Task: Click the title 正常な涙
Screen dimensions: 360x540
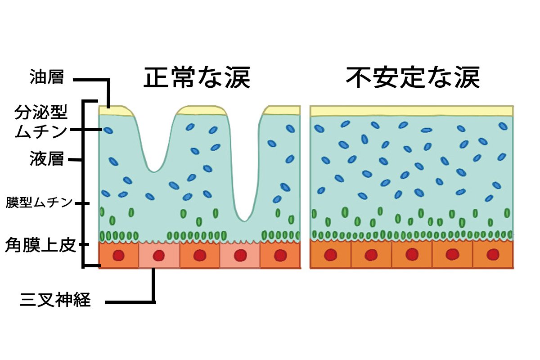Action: pos(197,78)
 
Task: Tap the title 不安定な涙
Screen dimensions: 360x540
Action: pos(413,78)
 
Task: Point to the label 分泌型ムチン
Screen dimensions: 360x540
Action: pos(41,121)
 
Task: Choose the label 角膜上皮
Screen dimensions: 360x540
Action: pos(40,245)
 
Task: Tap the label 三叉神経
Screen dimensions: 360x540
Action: pos(55,300)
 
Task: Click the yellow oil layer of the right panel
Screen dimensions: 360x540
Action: pos(412,111)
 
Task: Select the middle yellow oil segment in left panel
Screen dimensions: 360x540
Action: pos(200,111)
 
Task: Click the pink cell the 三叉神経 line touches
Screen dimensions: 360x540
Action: pos(159,256)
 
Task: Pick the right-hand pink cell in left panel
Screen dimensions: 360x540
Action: pos(240,256)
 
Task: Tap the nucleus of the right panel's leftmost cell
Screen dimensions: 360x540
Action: pos(331,255)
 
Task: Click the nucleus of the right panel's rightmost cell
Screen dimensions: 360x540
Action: pos(493,255)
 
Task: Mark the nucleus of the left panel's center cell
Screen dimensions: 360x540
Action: pos(199,256)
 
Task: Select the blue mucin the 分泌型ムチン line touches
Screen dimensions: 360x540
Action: pos(109,130)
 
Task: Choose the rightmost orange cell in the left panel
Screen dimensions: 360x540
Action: pos(280,256)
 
